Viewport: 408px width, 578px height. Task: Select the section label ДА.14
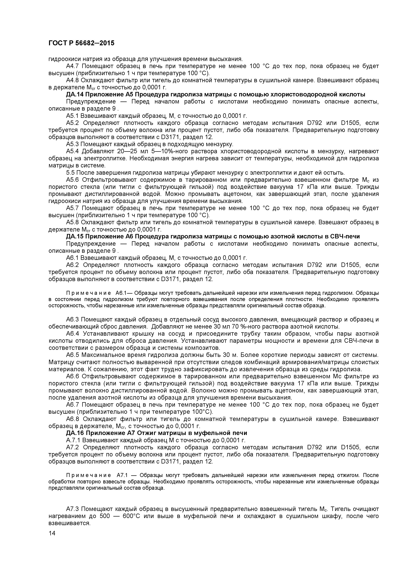point(74,94)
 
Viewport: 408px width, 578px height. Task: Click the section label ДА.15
point(74,236)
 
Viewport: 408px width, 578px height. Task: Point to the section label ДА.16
point(74,433)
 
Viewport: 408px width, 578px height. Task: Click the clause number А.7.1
point(73,440)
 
